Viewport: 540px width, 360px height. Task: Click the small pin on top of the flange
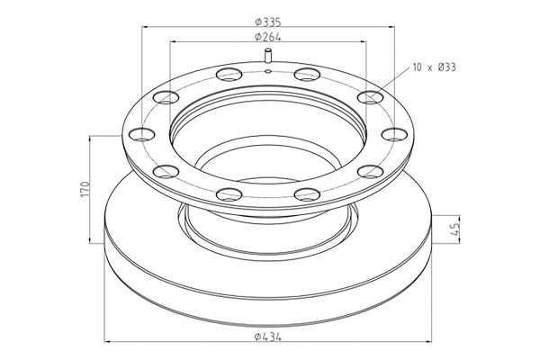[268, 58]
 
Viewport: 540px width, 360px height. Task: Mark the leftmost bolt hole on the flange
[140, 136]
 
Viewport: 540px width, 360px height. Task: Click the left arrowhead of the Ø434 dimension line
[109, 343]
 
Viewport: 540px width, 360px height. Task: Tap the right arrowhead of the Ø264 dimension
[366, 43]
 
